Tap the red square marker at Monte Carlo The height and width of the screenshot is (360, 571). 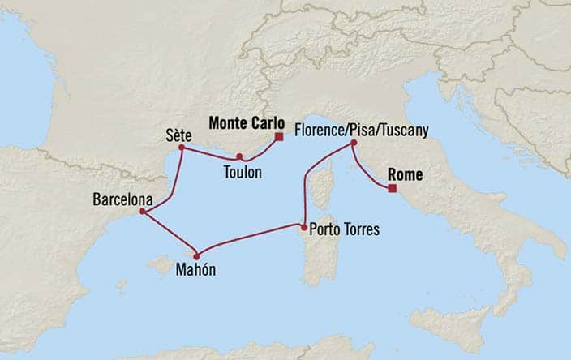[278, 137]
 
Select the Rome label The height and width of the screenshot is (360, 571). [407, 174]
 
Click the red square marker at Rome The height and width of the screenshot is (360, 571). [392, 189]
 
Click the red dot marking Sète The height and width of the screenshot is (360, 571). [181, 148]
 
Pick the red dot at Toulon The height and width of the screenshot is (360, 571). [239, 156]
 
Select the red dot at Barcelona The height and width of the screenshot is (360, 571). [142, 212]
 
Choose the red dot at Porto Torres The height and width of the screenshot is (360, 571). [303, 227]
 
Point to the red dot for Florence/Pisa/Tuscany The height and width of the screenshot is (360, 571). [354, 144]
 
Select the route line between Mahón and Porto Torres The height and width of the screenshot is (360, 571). [247, 241]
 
